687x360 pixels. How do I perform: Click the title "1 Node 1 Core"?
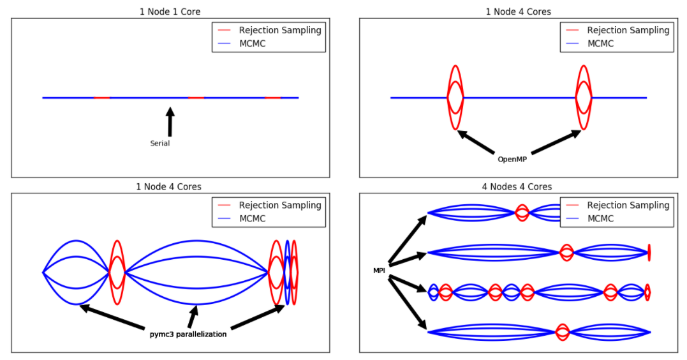[x=170, y=11]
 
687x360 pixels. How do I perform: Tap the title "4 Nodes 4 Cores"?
[x=517, y=186]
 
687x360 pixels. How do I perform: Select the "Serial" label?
[x=159, y=144]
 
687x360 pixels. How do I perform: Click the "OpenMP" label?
[x=512, y=159]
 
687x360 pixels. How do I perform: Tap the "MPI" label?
[x=380, y=271]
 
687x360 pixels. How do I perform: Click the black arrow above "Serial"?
[x=170, y=121]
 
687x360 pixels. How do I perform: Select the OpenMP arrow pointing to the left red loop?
[x=476, y=142]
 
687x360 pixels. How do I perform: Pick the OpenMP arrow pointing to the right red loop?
[x=556, y=142]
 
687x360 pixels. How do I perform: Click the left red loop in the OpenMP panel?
[x=455, y=97]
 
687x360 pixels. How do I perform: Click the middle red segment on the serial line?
[x=196, y=98]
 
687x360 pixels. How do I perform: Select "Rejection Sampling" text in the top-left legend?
[x=280, y=30]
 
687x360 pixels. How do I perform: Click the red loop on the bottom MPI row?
[x=562, y=332]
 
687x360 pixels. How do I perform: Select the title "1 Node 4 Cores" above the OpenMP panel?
[x=517, y=11]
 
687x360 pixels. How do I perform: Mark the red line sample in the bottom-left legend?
[x=224, y=206]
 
